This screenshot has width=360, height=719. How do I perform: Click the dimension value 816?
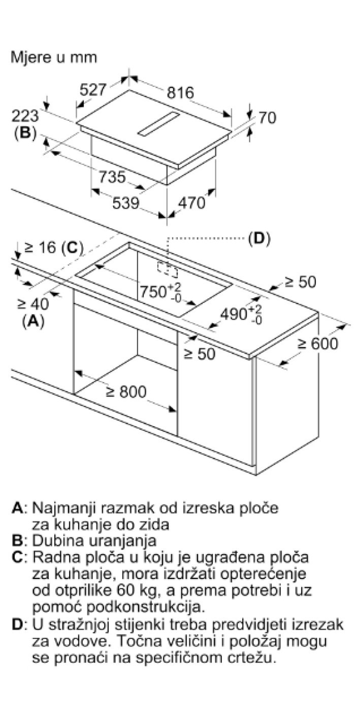point(180,93)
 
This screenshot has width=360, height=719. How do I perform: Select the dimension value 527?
point(93,90)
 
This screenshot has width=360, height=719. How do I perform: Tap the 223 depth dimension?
point(25,116)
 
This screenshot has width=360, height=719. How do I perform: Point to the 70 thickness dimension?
point(267,118)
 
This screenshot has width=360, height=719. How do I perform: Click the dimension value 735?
point(111,177)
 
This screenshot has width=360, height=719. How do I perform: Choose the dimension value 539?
point(125,203)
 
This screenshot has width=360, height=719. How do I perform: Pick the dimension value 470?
point(191,203)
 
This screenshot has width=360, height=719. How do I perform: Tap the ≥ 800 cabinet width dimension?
point(126,391)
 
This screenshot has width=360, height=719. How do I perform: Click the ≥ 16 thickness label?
point(41,248)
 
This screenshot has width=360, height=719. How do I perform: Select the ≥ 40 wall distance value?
point(34,304)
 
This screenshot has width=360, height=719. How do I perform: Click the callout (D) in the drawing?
point(259,238)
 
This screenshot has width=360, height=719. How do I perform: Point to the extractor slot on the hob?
point(158,124)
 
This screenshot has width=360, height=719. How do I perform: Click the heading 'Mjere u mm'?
point(54,57)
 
